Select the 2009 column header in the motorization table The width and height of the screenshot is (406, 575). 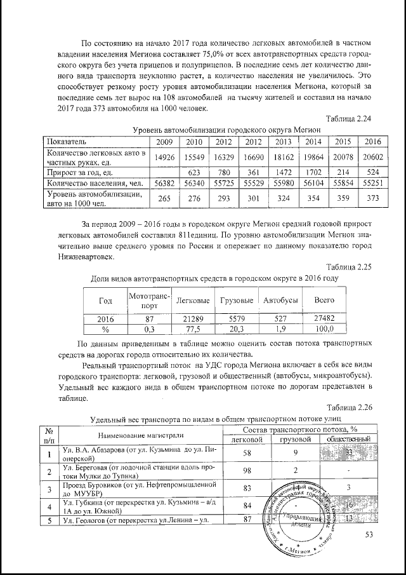tap(164, 141)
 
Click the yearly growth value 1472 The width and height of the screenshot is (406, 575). tap(284, 172)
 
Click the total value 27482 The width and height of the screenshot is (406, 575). tap(324, 318)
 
